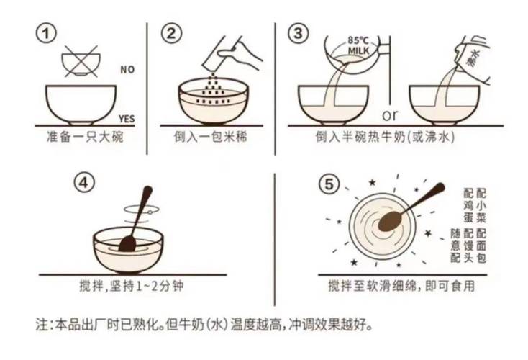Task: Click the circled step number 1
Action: click(x=47, y=33)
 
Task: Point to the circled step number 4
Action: click(x=86, y=183)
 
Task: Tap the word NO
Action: click(x=127, y=70)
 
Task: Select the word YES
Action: click(x=126, y=119)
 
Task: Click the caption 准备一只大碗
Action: click(x=80, y=136)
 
